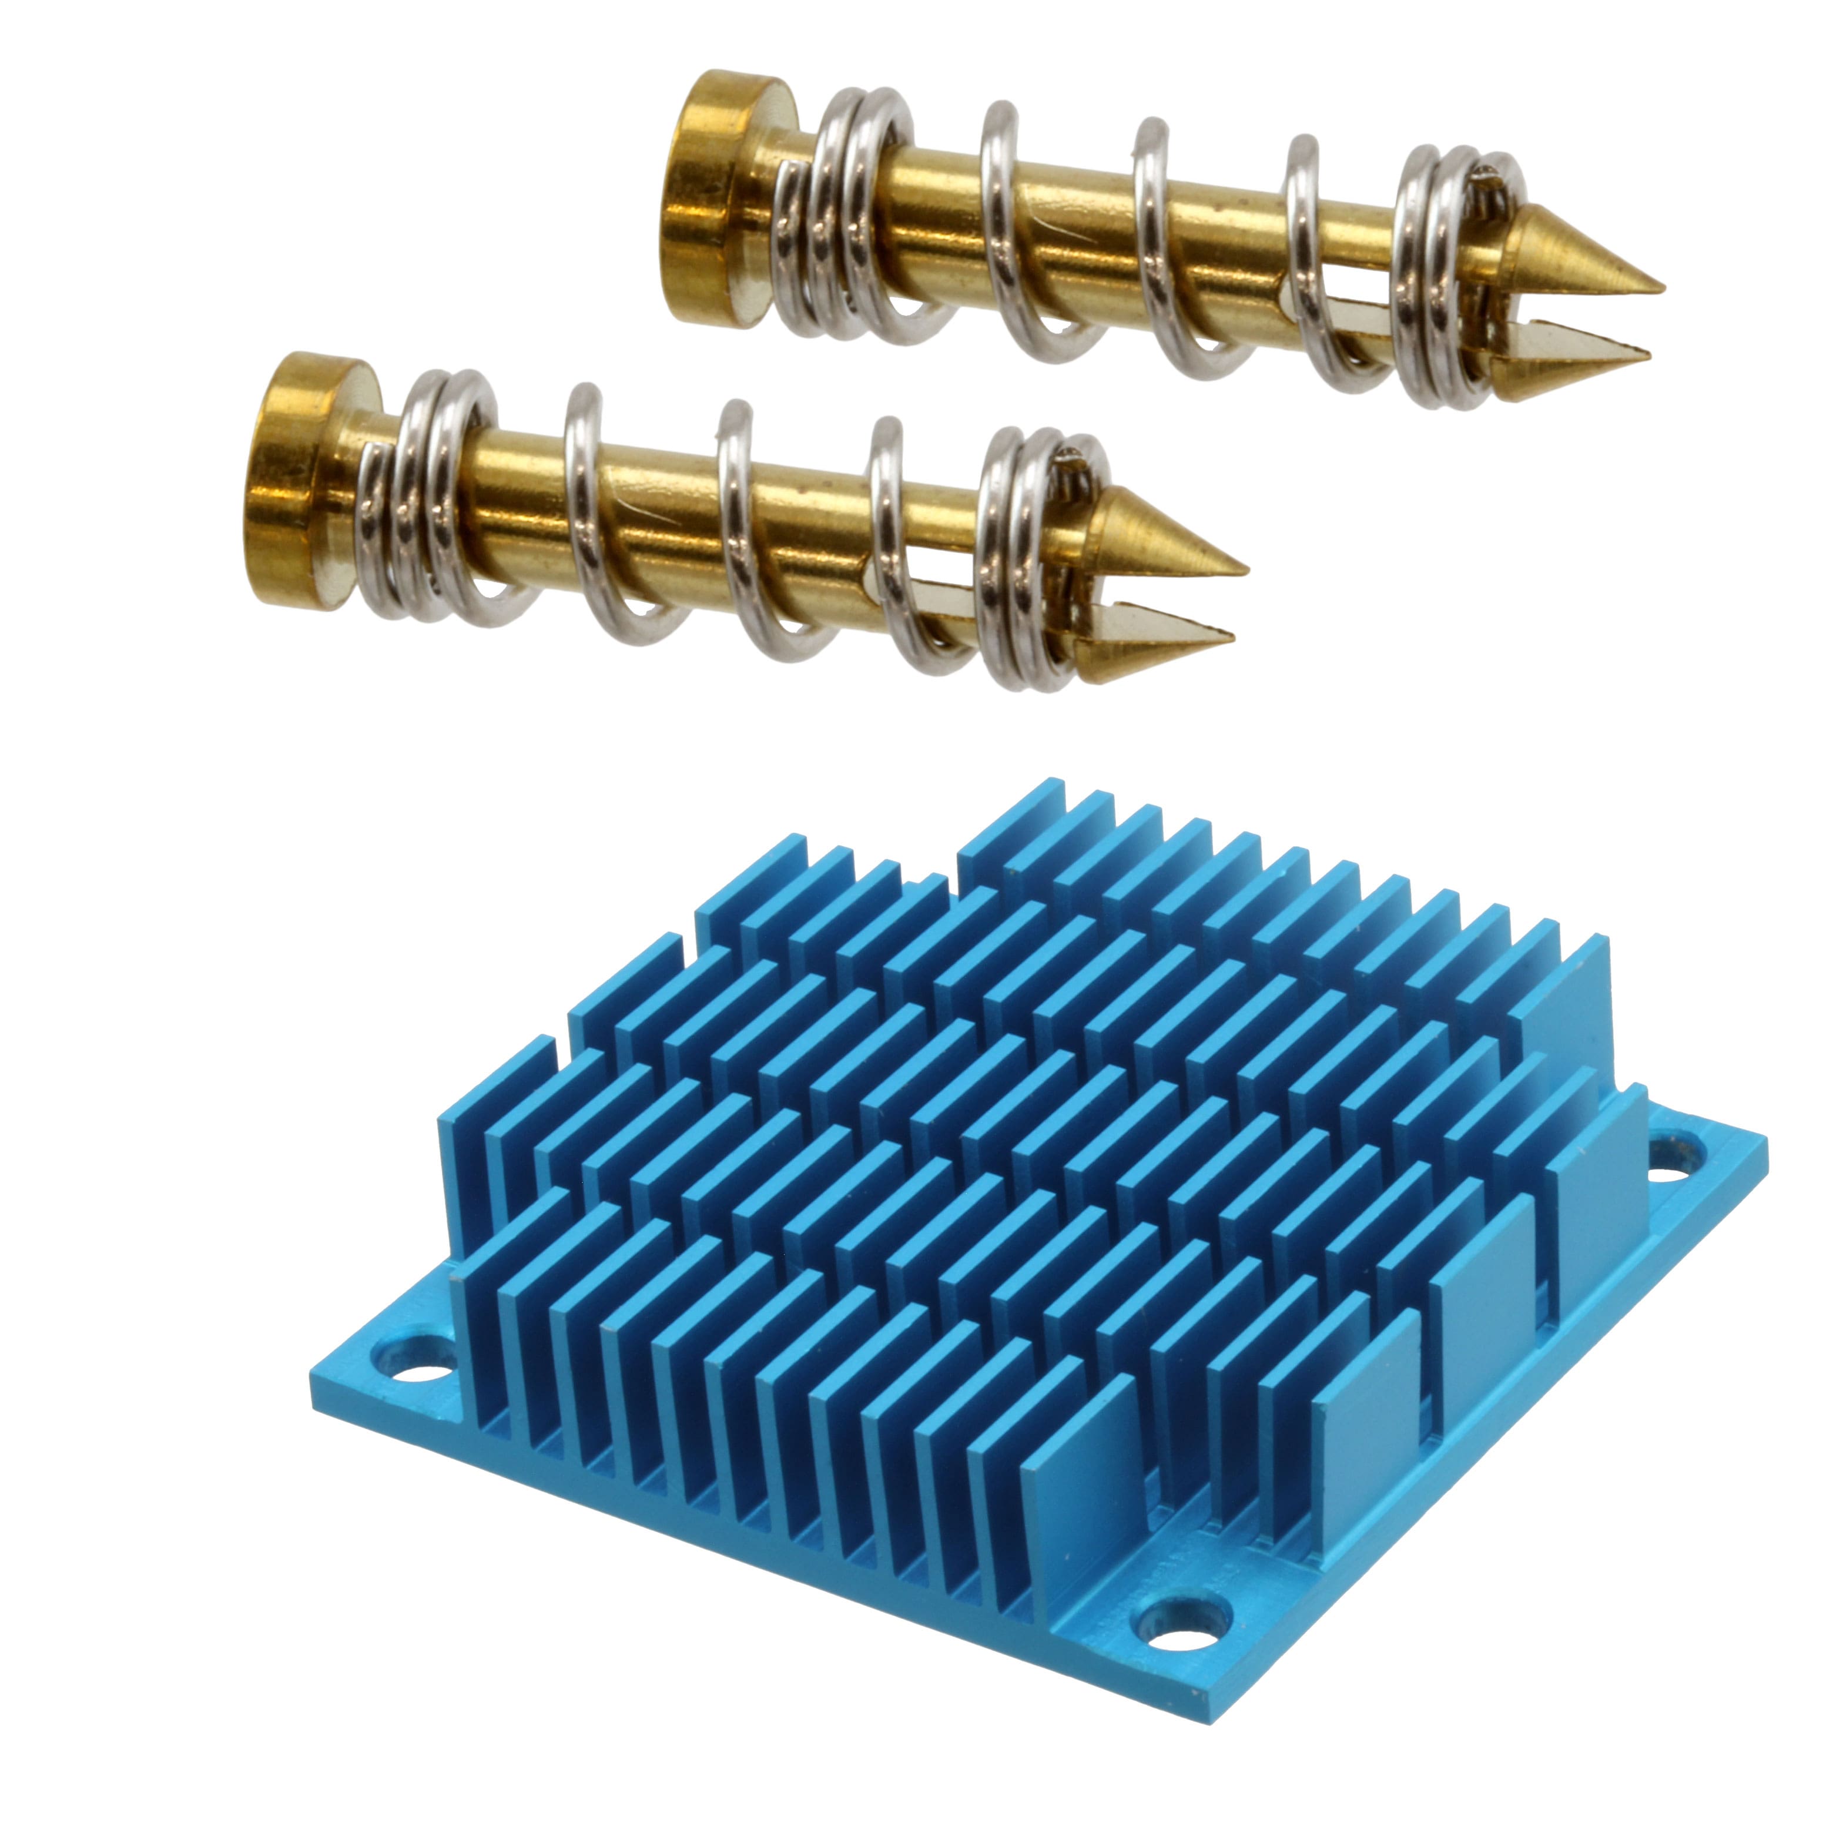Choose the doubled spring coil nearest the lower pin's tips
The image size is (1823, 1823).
[x=1028, y=557]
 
